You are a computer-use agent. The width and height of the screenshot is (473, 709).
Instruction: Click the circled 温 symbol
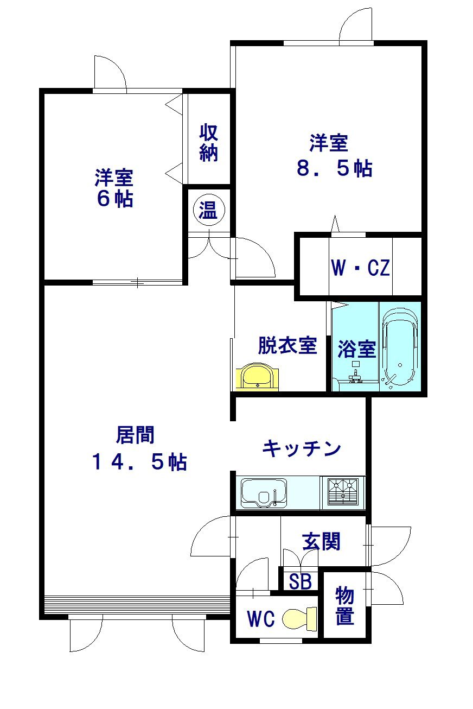209,210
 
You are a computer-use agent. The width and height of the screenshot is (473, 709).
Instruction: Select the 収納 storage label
209,143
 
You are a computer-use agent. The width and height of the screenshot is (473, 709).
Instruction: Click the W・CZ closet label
360,268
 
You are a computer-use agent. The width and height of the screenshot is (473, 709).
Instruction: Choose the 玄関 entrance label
321,542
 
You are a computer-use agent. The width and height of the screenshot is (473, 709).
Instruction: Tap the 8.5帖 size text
335,168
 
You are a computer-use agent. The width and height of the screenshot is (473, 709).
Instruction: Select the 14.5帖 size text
139,462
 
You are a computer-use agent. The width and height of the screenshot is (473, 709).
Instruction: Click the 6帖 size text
115,199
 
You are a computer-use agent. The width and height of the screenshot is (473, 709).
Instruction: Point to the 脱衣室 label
287,345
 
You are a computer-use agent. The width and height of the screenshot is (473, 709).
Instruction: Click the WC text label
261,619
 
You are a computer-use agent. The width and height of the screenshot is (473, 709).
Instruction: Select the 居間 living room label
135,435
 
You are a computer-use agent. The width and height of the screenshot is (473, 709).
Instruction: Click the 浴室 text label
357,349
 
